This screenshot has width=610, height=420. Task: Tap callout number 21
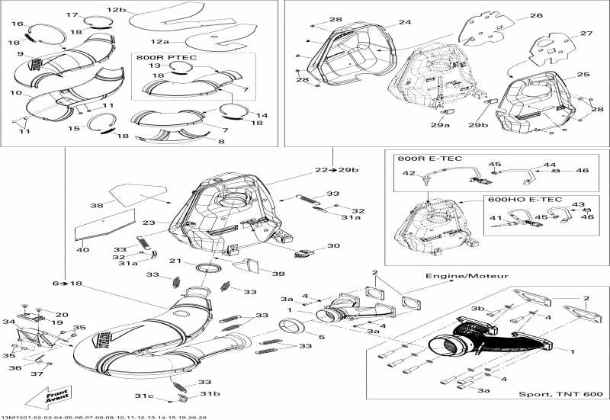(175, 261)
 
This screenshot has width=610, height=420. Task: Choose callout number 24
(403, 24)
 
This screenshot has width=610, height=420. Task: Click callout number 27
(586, 34)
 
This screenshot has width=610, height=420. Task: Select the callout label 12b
(116, 9)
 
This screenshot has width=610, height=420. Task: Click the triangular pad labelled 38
(138, 192)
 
